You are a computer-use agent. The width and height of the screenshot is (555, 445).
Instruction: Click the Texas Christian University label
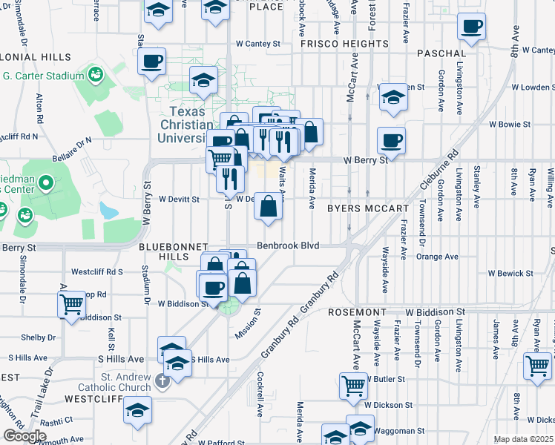click(x=185, y=127)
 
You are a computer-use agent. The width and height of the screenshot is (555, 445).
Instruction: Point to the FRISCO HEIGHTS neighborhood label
click(x=344, y=44)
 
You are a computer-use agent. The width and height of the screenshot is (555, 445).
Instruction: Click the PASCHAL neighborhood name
click(x=441, y=54)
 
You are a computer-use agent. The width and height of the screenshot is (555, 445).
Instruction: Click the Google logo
click(x=24, y=436)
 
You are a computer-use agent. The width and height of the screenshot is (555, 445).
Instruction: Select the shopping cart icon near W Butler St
click(x=353, y=384)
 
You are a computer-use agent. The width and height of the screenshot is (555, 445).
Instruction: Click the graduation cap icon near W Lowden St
click(x=393, y=96)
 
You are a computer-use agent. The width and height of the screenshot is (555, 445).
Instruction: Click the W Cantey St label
click(x=257, y=44)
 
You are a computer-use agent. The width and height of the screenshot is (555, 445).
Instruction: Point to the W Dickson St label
click(x=387, y=405)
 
